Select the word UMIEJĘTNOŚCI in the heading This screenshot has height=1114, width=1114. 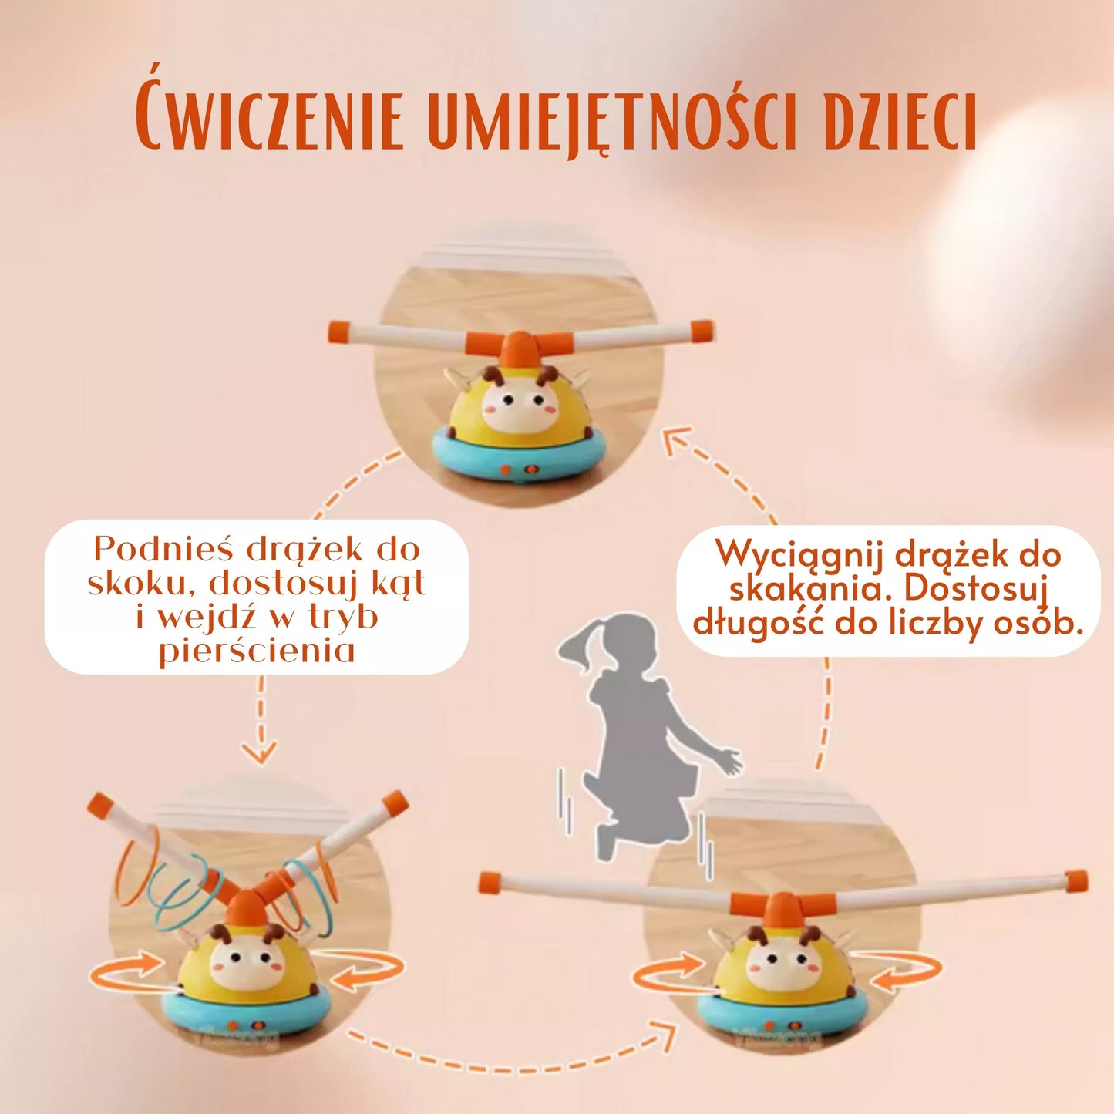pos(611,122)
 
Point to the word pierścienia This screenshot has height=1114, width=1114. pos(257,651)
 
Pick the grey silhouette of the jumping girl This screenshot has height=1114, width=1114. pos(640,740)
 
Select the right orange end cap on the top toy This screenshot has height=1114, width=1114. pos(702,331)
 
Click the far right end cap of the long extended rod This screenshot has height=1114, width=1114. pos(1077,880)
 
